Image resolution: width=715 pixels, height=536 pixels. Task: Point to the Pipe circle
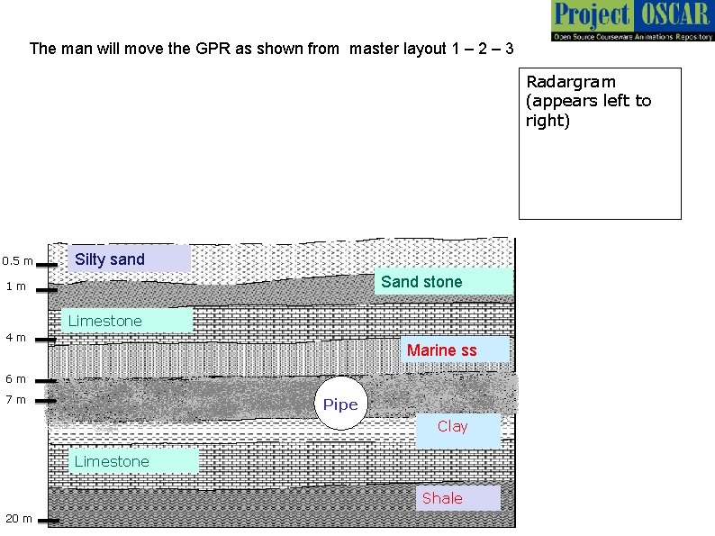pos(340,404)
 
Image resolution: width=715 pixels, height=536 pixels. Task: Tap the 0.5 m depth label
pos(17,261)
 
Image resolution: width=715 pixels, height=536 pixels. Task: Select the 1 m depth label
pos(15,286)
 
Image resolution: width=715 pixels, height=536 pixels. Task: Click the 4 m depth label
pos(15,338)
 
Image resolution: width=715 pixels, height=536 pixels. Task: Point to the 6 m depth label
pos(15,378)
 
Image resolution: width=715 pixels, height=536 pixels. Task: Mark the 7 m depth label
pos(15,400)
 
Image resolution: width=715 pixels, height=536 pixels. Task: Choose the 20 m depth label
pos(19,518)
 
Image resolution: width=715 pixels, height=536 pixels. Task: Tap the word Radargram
pos(571,82)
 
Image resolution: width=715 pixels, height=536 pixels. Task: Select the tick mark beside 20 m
pos(47,521)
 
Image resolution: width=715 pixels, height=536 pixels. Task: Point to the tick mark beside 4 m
pos(46,340)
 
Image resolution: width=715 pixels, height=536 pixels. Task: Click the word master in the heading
pos(375,48)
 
